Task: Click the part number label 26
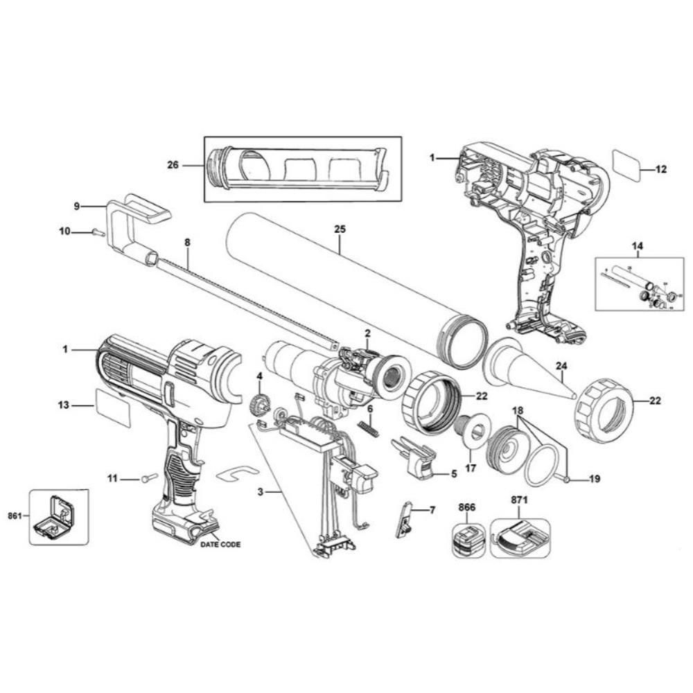[x=173, y=165]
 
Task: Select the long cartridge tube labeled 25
[x=346, y=291]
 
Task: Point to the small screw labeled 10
[x=98, y=234]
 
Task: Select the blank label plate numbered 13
[x=112, y=406]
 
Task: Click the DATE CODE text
[x=220, y=545]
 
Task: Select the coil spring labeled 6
[x=369, y=428]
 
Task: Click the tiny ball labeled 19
[x=567, y=479]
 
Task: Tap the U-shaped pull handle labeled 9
[x=132, y=222]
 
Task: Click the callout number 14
[x=637, y=245]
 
